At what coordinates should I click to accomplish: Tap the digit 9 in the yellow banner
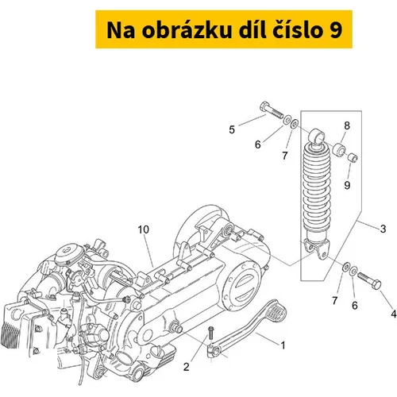coord(336,30)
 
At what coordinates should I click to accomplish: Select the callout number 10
coord(144,229)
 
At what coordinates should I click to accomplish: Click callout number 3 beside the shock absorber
coord(383,229)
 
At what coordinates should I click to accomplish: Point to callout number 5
coord(232,129)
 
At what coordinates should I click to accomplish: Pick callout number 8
coord(347,125)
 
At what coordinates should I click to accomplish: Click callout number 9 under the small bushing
coord(347,185)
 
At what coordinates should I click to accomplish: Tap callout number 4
coord(394,314)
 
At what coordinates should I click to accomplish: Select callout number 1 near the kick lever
coord(283,345)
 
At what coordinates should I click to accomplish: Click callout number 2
coord(187,367)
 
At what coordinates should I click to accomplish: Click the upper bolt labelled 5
coord(271,111)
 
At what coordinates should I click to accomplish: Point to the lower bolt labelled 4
coord(369,280)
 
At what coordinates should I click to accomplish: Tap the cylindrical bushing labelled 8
coord(339,150)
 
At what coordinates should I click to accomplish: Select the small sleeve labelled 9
coord(353,158)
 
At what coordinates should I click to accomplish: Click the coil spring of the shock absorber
coord(317,188)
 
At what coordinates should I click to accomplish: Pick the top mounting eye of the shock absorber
coord(317,137)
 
